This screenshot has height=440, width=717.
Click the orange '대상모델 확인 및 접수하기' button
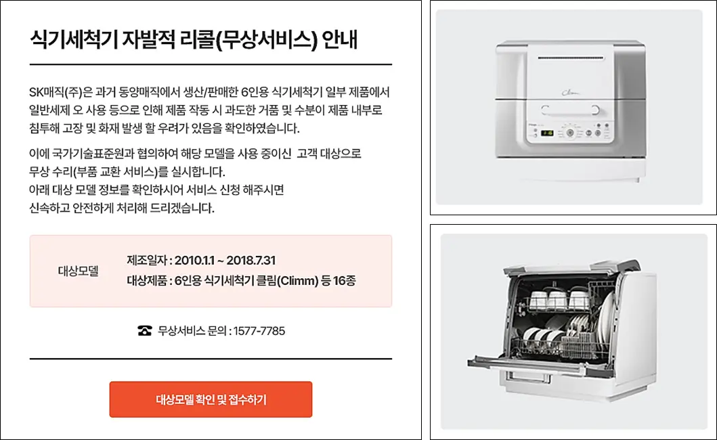(x=211, y=399)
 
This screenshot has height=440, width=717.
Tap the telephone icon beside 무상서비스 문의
(x=145, y=331)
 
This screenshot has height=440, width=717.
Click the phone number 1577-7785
(x=259, y=331)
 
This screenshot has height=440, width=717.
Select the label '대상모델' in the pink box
(x=79, y=271)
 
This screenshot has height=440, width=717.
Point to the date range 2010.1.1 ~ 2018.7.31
(x=225, y=261)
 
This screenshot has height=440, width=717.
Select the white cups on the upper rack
(x=559, y=299)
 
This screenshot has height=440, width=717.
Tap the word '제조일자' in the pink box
(x=146, y=261)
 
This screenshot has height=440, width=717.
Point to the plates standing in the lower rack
(x=582, y=332)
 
